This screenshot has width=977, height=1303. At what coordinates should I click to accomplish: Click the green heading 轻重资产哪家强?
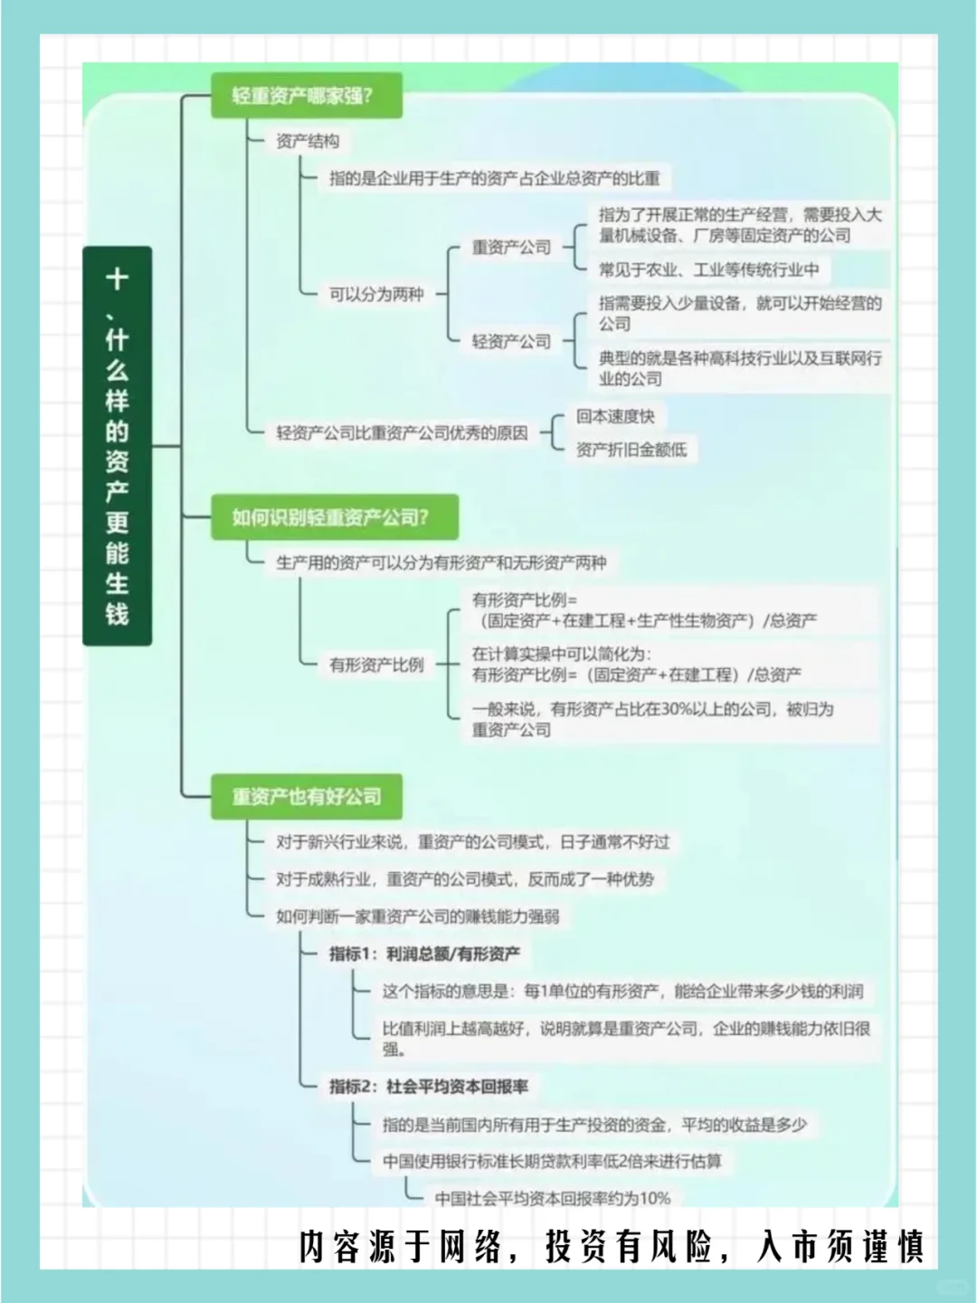(x=305, y=95)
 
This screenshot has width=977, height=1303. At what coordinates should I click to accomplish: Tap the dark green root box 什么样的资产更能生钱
(x=118, y=446)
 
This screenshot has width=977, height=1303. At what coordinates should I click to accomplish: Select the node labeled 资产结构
(x=308, y=141)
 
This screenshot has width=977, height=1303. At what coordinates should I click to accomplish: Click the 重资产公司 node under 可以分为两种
(x=511, y=247)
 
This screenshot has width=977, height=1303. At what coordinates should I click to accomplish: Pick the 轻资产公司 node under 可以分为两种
(x=511, y=341)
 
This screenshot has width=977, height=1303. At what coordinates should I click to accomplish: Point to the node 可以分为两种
(x=376, y=294)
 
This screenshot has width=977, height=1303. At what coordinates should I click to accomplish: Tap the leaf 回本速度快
(x=615, y=416)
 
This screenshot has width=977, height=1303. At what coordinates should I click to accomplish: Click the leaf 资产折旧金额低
(x=631, y=449)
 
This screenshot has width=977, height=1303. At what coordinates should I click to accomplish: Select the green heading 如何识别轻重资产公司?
(x=332, y=518)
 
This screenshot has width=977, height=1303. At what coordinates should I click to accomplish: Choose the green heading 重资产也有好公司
(x=307, y=797)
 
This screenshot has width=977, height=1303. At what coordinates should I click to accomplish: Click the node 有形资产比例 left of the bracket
(x=376, y=665)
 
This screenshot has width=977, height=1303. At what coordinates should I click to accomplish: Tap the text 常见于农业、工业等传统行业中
(x=708, y=269)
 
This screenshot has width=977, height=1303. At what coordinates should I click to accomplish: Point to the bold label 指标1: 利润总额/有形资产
(x=424, y=954)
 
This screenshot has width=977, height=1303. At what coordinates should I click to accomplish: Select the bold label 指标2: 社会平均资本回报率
(x=428, y=1086)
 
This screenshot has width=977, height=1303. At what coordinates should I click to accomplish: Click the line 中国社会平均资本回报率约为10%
(x=553, y=1198)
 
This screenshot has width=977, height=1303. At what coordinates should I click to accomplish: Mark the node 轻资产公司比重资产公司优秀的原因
(x=402, y=433)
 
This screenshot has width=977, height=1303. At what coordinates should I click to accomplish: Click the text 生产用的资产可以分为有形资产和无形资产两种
(x=441, y=563)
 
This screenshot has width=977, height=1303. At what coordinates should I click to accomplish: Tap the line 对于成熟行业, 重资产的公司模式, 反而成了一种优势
(x=464, y=879)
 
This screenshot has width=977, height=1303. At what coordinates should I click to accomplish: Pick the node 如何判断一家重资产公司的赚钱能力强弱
(x=417, y=917)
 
